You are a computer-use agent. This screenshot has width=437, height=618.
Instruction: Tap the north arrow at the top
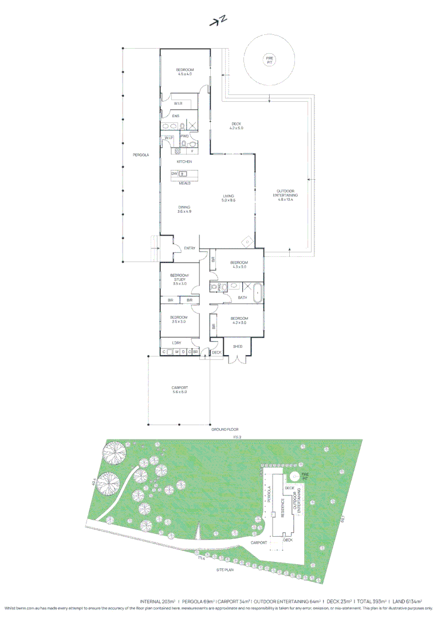tap(218, 21)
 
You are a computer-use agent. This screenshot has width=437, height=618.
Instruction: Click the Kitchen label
tap(184, 162)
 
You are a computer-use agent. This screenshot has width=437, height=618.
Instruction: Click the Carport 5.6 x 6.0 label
tap(179, 390)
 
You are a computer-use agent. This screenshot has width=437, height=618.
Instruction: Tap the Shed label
tap(237, 346)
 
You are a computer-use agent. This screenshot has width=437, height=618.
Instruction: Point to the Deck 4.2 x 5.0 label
tap(237, 126)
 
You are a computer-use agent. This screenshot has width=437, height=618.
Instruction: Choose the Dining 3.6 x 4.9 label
tap(184, 209)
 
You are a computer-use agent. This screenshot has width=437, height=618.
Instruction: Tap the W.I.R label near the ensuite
tap(178, 104)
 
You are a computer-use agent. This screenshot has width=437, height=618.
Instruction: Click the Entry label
tap(189, 248)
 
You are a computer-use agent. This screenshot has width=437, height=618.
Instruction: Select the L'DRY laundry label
tap(177, 342)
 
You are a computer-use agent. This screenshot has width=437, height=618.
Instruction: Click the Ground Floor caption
tap(225, 429)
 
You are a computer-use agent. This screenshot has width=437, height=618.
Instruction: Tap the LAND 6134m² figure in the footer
tap(407, 601)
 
